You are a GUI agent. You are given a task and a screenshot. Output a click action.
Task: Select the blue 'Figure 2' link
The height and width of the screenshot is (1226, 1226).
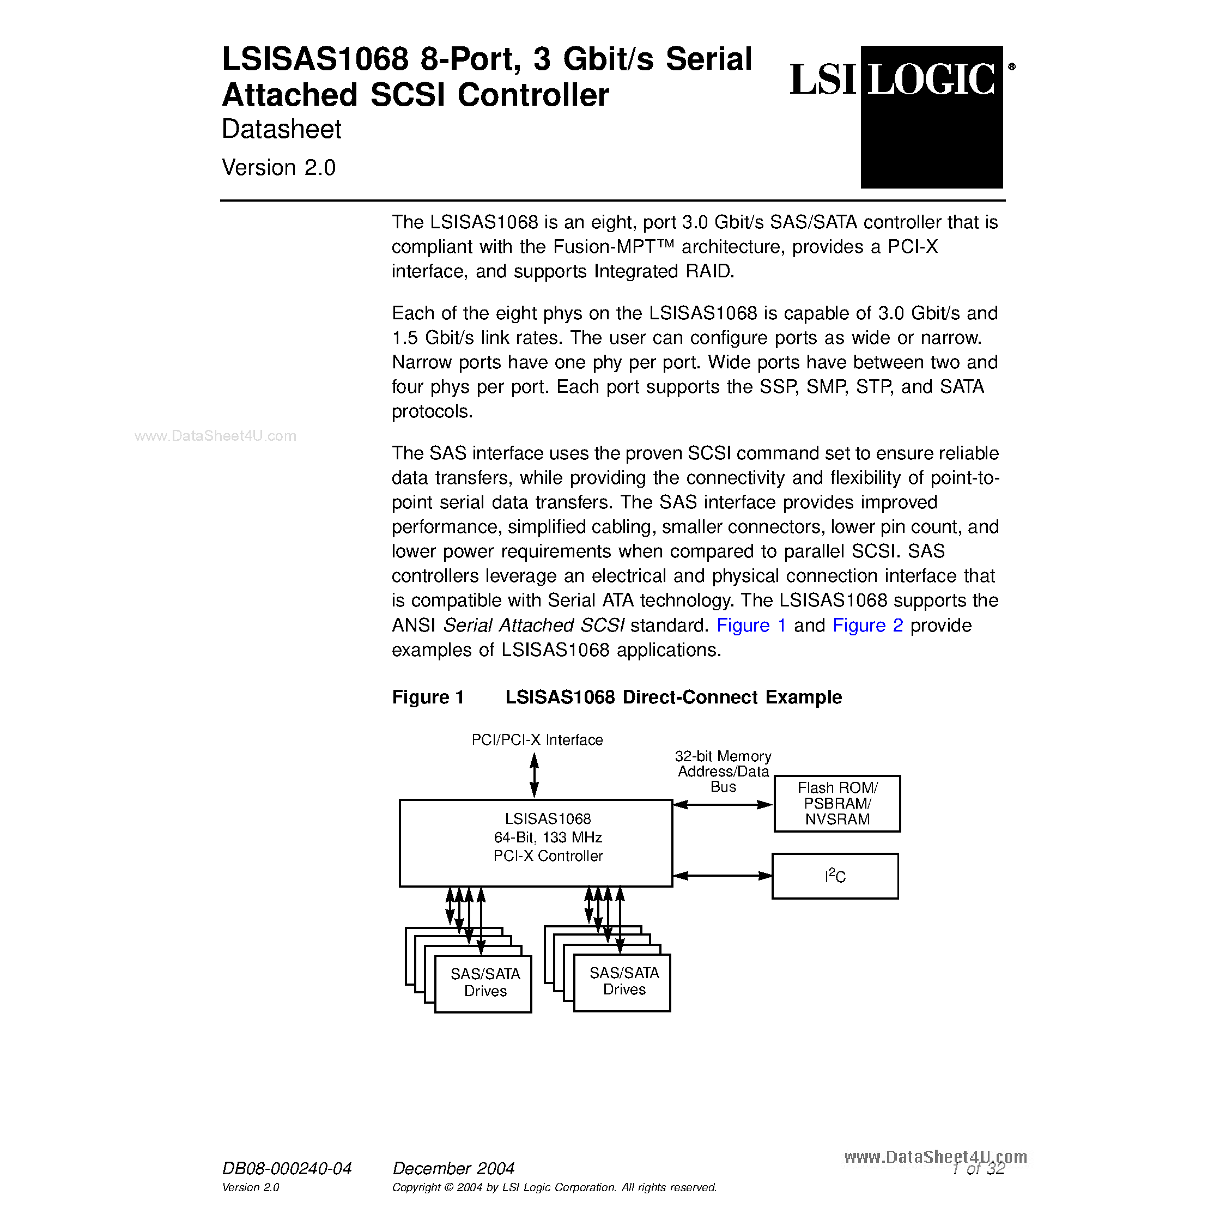tap(867, 626)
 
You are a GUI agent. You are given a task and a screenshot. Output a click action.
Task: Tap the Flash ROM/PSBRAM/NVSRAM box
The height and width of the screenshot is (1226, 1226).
tap(837, 803)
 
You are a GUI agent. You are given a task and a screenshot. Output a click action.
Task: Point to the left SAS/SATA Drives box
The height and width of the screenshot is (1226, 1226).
tap(483, 983)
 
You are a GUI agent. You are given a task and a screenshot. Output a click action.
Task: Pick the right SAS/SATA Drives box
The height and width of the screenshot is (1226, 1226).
tap(622, 982)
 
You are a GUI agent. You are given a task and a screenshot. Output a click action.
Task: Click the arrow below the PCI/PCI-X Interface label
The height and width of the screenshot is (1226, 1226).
tap(535, 775)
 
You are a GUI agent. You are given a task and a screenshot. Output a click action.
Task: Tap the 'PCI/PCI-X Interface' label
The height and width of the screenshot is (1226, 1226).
tap(537, 740)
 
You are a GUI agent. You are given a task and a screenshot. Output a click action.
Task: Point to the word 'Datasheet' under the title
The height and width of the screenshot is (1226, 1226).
tap(281, 130)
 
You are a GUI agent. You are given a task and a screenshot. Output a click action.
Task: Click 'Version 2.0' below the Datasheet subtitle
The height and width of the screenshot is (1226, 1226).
tap(278, 167)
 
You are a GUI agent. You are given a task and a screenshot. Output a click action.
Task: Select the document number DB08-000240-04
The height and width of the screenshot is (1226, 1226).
tap(286, 1168)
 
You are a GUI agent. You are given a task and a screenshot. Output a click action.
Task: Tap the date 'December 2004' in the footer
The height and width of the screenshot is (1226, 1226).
tap(453, 1168)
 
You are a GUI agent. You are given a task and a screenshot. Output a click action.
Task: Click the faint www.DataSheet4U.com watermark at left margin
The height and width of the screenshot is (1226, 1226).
tap(215, 436)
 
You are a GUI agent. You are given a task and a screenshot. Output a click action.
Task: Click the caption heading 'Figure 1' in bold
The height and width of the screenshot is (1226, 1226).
tap(428, 697)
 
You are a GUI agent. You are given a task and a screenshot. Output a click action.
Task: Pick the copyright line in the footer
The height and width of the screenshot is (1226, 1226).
tap(554, 1187)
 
